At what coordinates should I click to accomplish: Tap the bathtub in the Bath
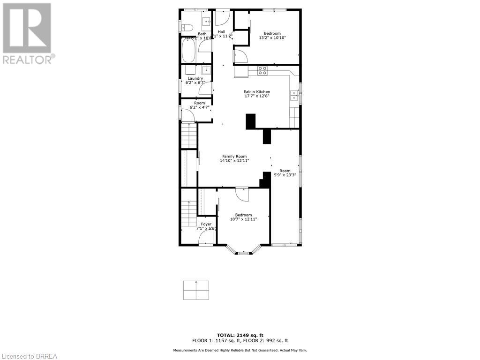tap(188, 51)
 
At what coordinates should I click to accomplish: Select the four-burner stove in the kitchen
tap(262, 71)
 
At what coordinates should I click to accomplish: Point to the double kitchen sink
tap(294, 95)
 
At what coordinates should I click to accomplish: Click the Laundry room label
tap(195, 78)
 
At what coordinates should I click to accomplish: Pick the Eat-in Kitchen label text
tap(256, 91)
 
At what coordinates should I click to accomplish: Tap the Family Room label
tap(234, 157)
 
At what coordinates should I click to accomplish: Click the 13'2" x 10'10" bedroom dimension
tap(272, 38)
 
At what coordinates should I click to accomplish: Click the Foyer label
tap(206, 224)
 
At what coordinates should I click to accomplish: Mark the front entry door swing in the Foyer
tap(206, 239)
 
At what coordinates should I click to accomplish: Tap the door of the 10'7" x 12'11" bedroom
tap(242, 193)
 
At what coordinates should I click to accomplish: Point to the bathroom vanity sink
tap(206, 22)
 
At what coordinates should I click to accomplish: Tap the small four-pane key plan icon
tap(196, 290)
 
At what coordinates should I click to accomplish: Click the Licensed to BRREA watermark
tap(29, 356)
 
